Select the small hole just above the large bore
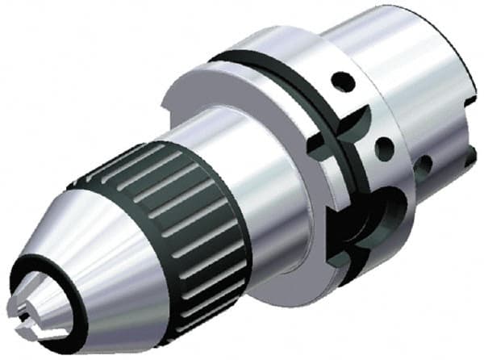click(x=386, y=148)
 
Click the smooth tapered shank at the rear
click(x=403, y=48)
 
